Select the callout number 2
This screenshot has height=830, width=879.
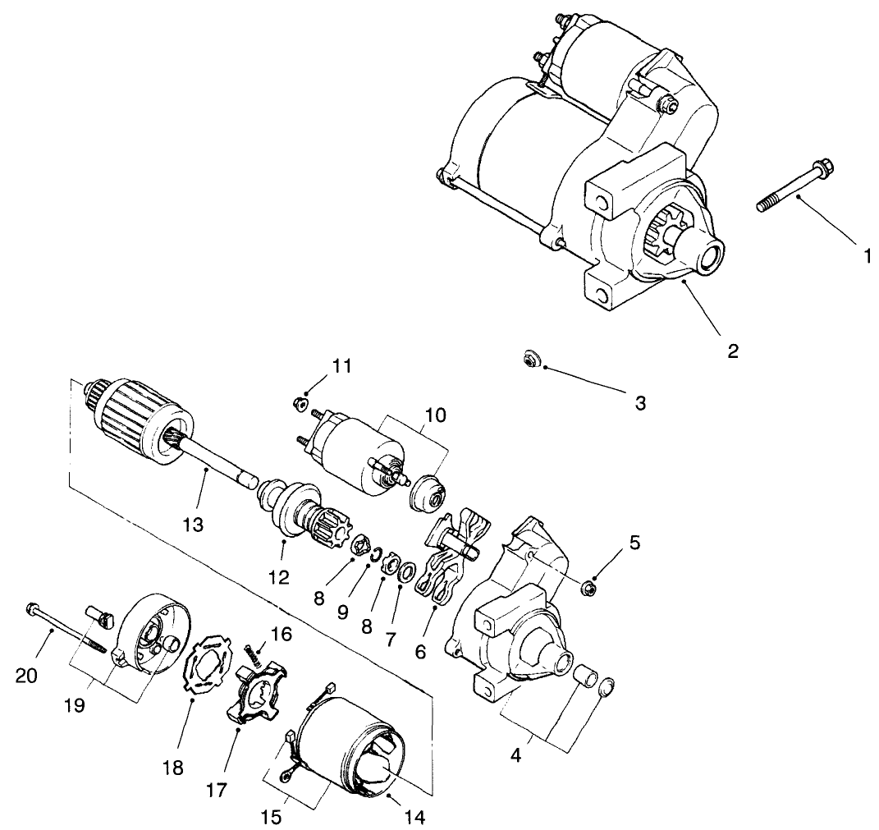tap(732, 351)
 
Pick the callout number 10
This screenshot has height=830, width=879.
tap(435, 415)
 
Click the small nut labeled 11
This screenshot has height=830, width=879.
tap(301, 402)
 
